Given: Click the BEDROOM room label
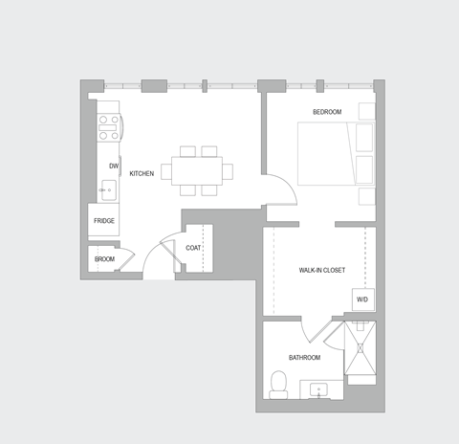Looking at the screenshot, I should pos(326,112).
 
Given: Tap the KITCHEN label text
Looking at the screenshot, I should pos(142,173).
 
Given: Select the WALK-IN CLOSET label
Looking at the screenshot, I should pos(322,271).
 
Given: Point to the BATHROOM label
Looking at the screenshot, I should pos(304,357).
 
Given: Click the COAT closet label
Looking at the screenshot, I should pos(193,248).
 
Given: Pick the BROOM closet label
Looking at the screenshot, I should pos(104,259).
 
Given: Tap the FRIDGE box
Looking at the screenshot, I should pos(104,221).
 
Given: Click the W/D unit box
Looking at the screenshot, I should pos(362,300).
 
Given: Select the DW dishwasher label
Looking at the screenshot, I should pos(113,166).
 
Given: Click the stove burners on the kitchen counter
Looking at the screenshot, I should pos(109,125).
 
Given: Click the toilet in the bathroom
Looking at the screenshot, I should pos(279,385).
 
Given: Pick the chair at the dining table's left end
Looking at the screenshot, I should pos(167,171).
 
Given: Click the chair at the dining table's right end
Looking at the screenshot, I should pos(228,171).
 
